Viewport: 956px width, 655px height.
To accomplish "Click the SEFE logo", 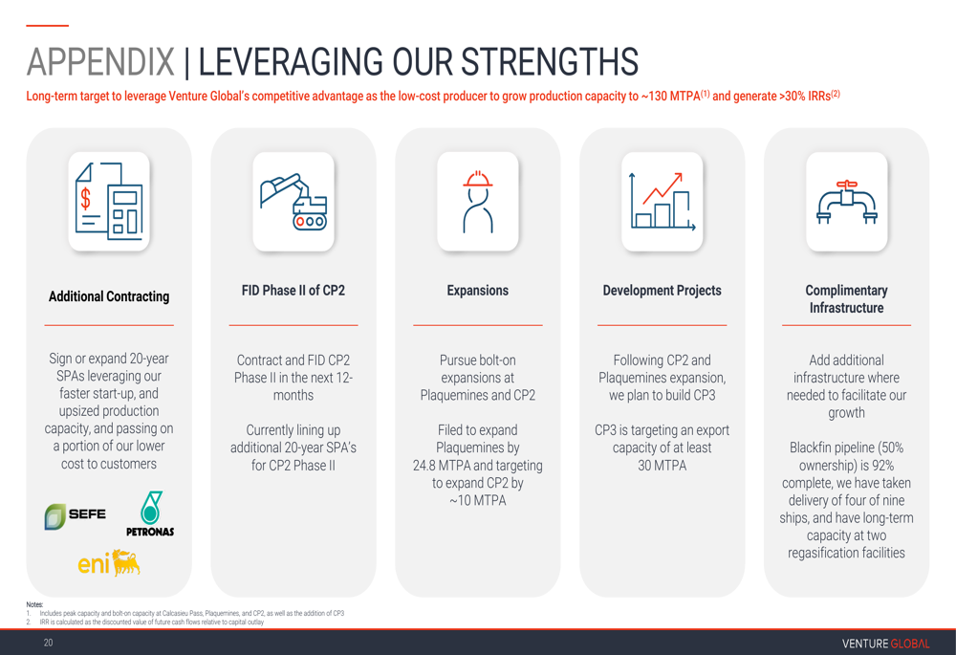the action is [75, 516].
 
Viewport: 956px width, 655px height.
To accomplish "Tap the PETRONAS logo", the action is [150, 513].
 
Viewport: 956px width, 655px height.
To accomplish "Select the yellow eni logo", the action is [109, 562].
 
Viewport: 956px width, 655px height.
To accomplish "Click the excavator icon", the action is [293, 201].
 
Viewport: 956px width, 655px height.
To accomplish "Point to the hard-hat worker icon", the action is [477, 201].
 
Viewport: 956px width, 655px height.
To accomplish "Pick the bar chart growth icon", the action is [663, 201].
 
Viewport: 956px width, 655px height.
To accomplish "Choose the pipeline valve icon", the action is [846, 202].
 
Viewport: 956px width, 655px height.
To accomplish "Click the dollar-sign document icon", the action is [109, 201].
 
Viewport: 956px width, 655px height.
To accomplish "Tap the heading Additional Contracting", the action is [109, 296].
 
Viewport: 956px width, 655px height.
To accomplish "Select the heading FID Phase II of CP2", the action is [293, 291].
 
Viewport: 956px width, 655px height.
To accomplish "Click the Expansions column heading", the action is [477, 291].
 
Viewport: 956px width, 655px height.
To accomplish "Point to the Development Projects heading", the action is [663, 291].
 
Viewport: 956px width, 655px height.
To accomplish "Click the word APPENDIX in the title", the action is [100, 61].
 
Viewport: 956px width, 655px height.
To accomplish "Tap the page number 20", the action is [48, 643].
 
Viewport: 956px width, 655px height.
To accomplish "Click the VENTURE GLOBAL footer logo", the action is [886, 644].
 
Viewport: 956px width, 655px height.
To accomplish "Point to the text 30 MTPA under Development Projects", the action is [663, 466].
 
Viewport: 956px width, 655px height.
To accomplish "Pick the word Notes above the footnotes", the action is [34, 604].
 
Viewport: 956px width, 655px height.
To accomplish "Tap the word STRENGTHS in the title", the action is [550, 61].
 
